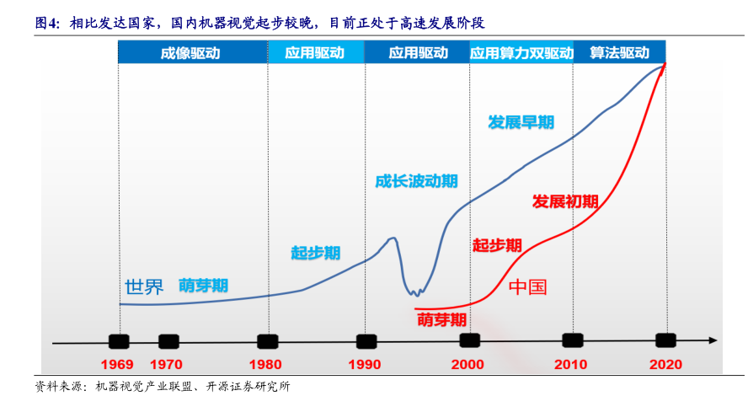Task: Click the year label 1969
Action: point(119,365)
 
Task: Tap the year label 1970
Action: point(167,365)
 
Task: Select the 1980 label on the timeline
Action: point(267,365)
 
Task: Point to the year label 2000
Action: point(467,365)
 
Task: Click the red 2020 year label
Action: point(665,365)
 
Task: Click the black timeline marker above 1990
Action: point(366,341)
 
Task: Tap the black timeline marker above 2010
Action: point(573,340)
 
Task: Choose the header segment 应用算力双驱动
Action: point(521,52)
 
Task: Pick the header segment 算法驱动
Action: point(619,52)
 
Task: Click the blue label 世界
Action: point(144,286)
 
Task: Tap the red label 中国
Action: point(528,287)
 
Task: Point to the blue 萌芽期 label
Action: point(203,286)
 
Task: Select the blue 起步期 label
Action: point(316,252)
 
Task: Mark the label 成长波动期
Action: point(417,180)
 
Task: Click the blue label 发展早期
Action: point(521,121)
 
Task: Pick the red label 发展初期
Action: point(565,202)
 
